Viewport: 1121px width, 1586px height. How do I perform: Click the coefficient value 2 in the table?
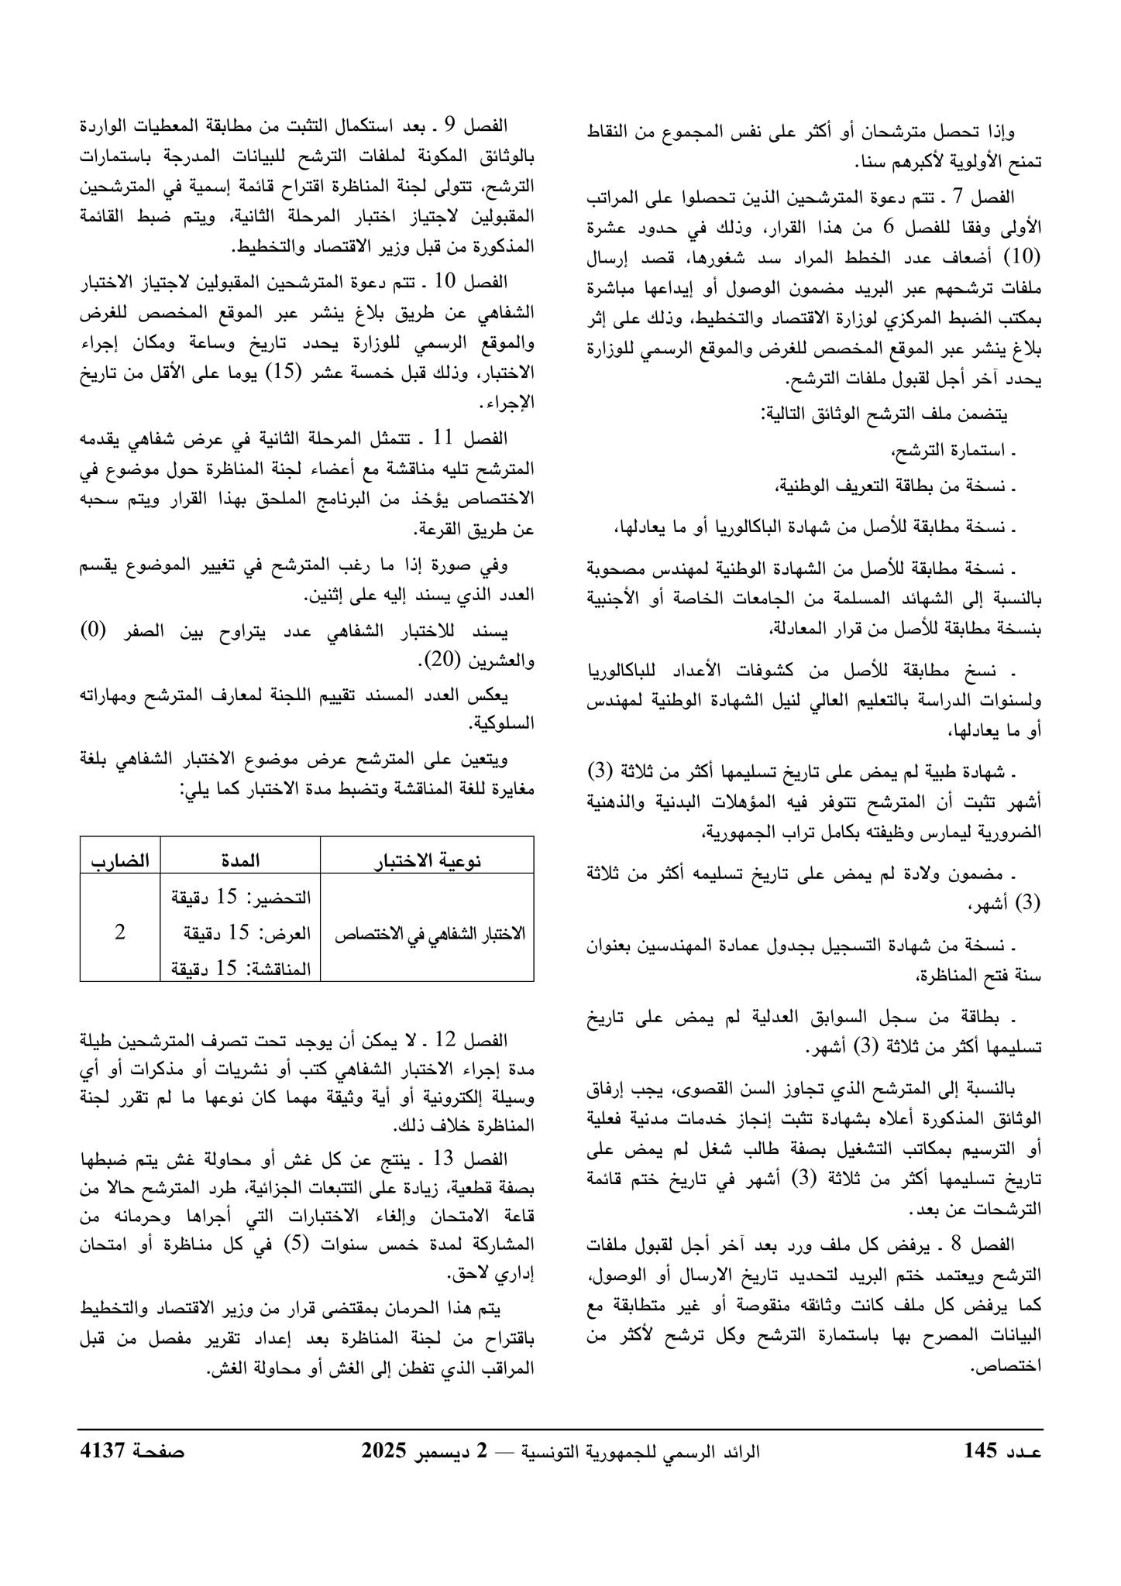coord(119,933)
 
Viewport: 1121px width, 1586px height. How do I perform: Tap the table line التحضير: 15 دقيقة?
coord(240,898)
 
